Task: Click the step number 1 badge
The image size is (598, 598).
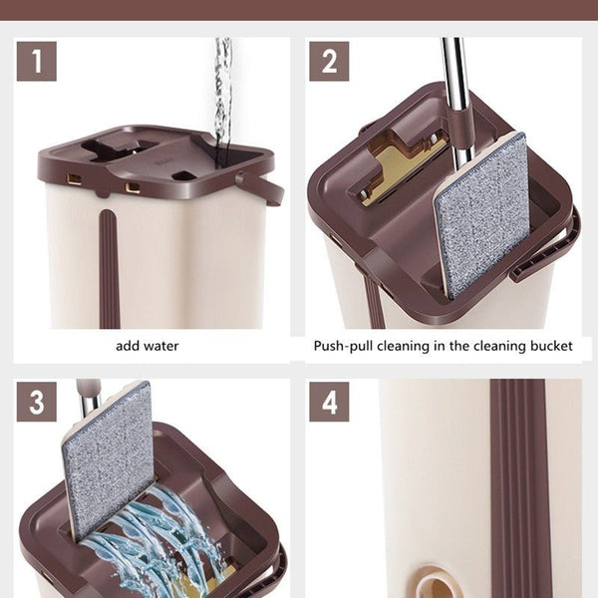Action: [37, 61]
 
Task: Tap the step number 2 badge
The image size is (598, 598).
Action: [329, 61]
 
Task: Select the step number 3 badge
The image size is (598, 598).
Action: [37, 402]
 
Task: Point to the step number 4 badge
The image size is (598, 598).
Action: [329, 402]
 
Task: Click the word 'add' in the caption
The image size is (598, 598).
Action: [127, 346]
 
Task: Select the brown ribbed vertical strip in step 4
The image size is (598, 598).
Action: [518, 488]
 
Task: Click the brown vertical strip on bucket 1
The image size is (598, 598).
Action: [110, 269]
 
